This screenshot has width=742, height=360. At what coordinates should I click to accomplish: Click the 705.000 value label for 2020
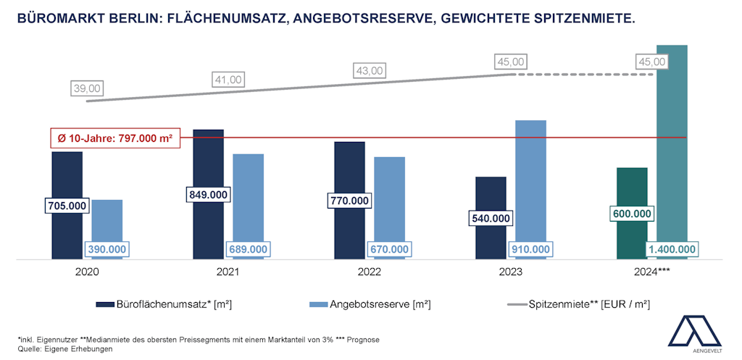[67, 206]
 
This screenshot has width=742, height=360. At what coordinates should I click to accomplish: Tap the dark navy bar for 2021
[209, 159]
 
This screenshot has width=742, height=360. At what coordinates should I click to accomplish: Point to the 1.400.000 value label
[672, 249]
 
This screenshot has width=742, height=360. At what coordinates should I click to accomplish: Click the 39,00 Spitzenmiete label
[88, 88]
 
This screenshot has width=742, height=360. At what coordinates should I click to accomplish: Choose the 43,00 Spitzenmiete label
[370, 70]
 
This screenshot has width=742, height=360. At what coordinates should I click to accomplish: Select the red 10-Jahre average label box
[114, 137]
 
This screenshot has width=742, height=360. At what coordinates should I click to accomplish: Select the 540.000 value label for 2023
[491, 218]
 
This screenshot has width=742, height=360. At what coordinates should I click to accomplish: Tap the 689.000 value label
[247, 249]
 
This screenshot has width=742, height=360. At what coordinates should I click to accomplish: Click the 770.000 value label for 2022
[350, 201]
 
